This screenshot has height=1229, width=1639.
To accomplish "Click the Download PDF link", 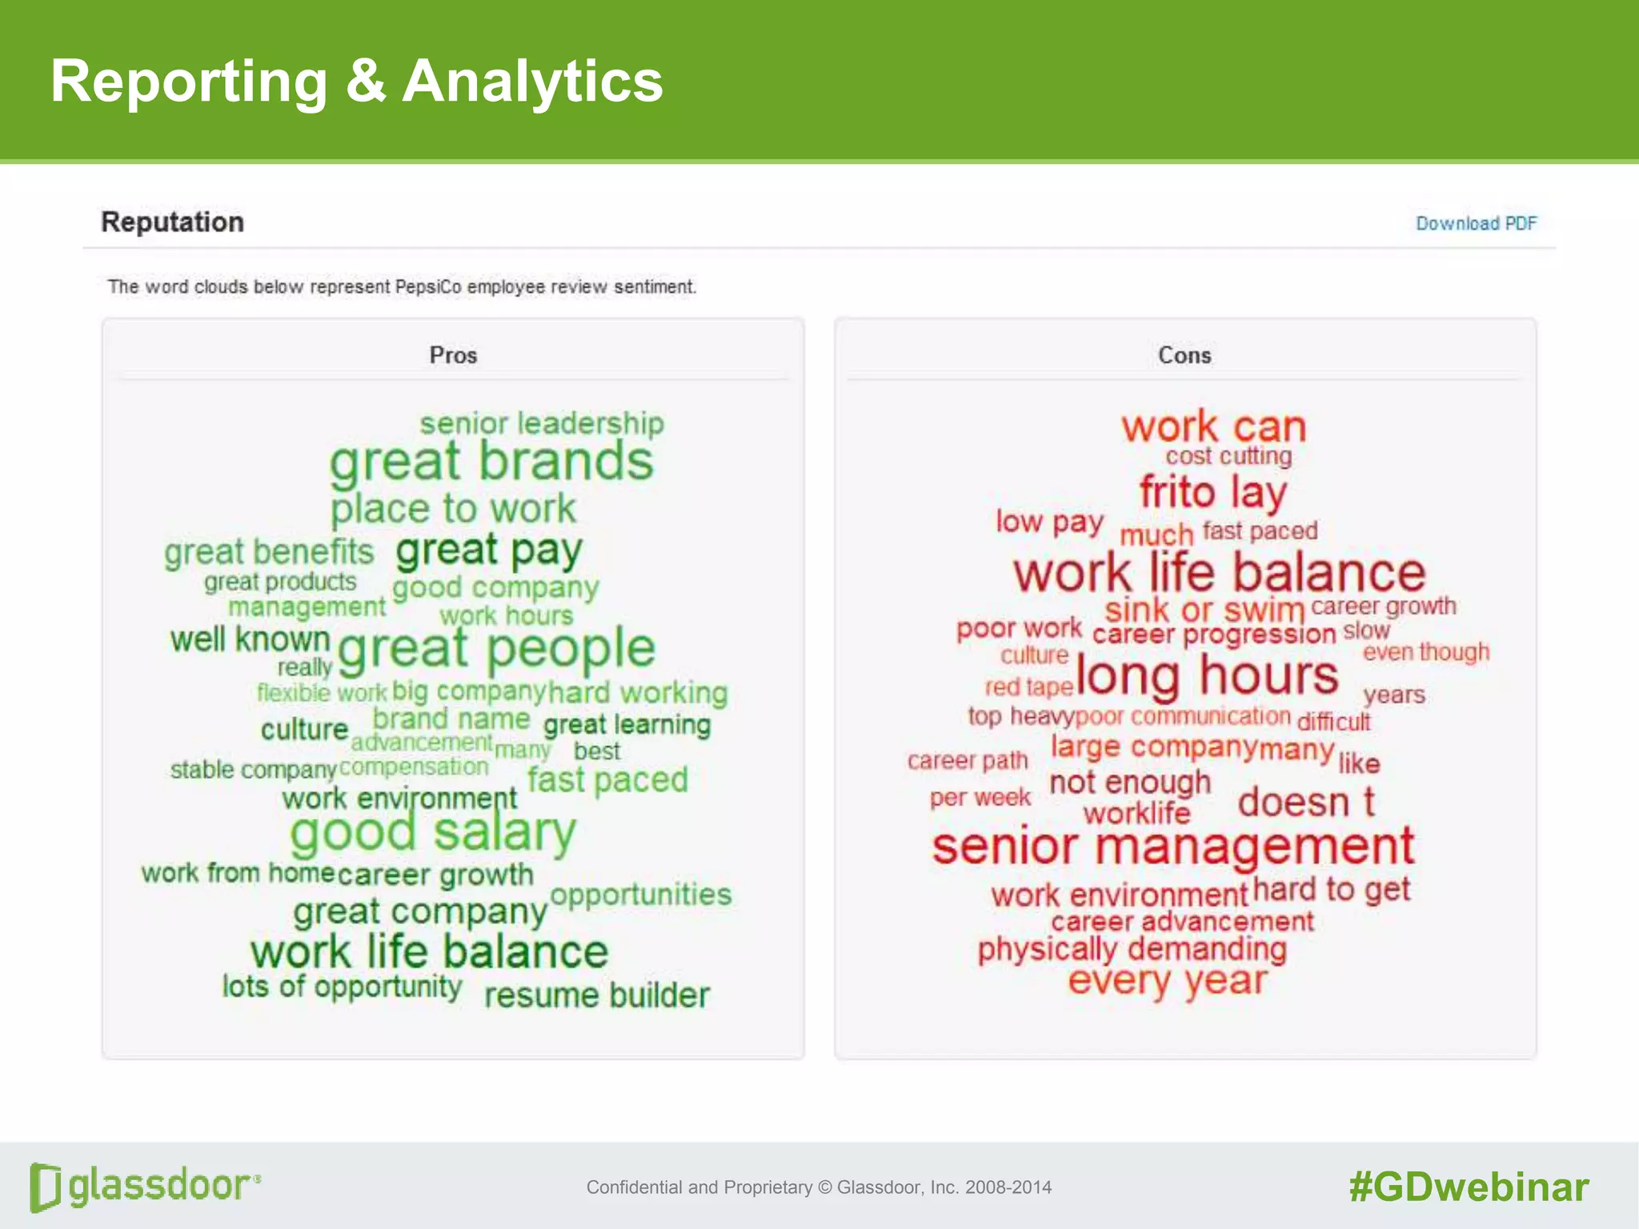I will click(1476, 223).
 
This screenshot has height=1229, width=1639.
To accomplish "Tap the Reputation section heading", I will click(172, 222).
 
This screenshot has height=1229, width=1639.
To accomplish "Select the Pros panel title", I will click(453, 354).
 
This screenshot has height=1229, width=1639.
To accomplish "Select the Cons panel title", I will click(1184, 354).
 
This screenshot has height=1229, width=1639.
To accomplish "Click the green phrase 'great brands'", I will click(491, 463).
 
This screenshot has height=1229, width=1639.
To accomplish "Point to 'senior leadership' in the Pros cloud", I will click(542, 423).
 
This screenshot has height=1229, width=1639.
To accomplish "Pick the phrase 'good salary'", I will click(432, 833).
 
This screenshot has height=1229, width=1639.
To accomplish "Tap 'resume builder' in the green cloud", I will click(597, 995).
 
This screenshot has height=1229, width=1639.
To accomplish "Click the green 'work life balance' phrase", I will click(429, 952).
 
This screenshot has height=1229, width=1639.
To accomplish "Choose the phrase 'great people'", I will click(496, 648).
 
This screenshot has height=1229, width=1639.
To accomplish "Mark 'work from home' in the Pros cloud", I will click(238, 872).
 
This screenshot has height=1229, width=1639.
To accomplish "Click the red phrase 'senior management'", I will click(1173, 847).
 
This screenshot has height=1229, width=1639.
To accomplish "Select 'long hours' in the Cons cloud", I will click(1207, 676).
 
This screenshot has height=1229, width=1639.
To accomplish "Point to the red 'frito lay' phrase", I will click(1213, 492).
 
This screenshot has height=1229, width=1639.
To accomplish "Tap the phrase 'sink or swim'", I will click(1204, 610).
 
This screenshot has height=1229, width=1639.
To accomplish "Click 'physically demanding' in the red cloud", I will click(1132, 950).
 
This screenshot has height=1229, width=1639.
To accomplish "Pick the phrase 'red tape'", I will click(1028, 687).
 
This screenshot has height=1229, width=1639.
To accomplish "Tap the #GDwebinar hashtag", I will click(1469, 1187).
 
